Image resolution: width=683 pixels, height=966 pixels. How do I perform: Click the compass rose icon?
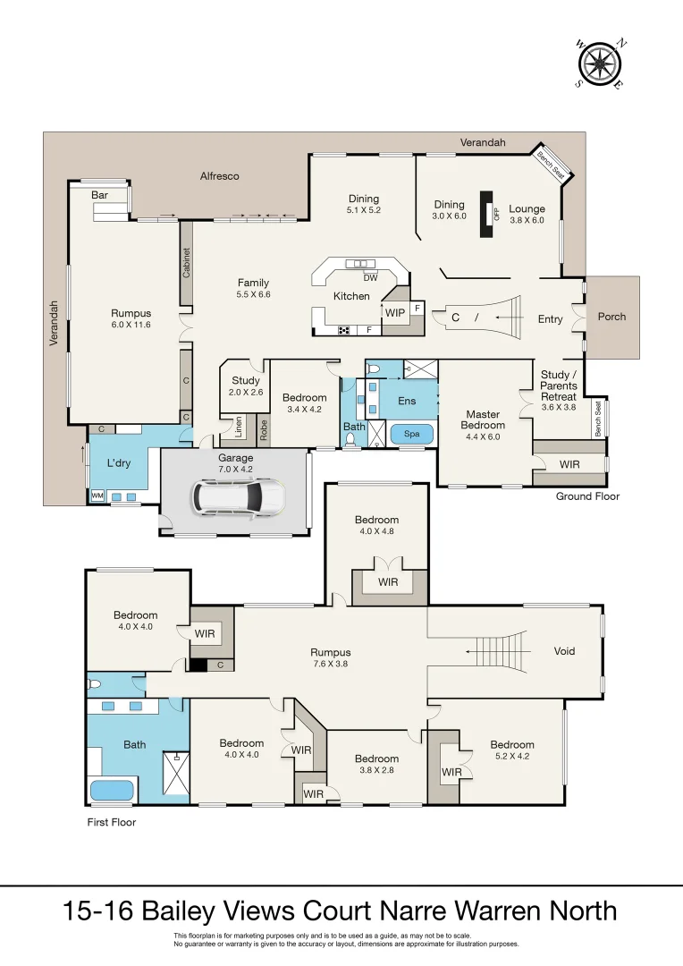click(601, 64)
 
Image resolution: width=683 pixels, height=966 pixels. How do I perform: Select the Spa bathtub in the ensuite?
click(412, 433)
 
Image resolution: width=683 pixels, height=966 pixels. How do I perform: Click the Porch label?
click(611, 317)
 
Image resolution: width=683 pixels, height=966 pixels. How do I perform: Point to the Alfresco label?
click(219, 176)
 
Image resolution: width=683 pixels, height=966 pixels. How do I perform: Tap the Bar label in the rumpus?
click(100, 194)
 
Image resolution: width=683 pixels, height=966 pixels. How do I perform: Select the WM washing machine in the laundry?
click(96, 495)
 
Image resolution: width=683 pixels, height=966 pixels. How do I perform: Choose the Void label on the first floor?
click(564, 651)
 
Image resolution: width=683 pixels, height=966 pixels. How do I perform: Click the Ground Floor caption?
click(587, 496)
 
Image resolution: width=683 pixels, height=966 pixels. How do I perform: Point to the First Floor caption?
click(112, 821)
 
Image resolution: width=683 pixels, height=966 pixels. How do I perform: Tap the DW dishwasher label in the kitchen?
click(370, 277)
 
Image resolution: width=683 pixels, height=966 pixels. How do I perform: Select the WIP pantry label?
click(393, 312)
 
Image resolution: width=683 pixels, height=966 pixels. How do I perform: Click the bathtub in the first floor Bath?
click(113, 791)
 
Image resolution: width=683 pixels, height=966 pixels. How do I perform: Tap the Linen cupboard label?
click(239, 428)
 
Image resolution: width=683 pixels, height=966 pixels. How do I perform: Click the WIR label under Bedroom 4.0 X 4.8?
click(387, 582)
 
